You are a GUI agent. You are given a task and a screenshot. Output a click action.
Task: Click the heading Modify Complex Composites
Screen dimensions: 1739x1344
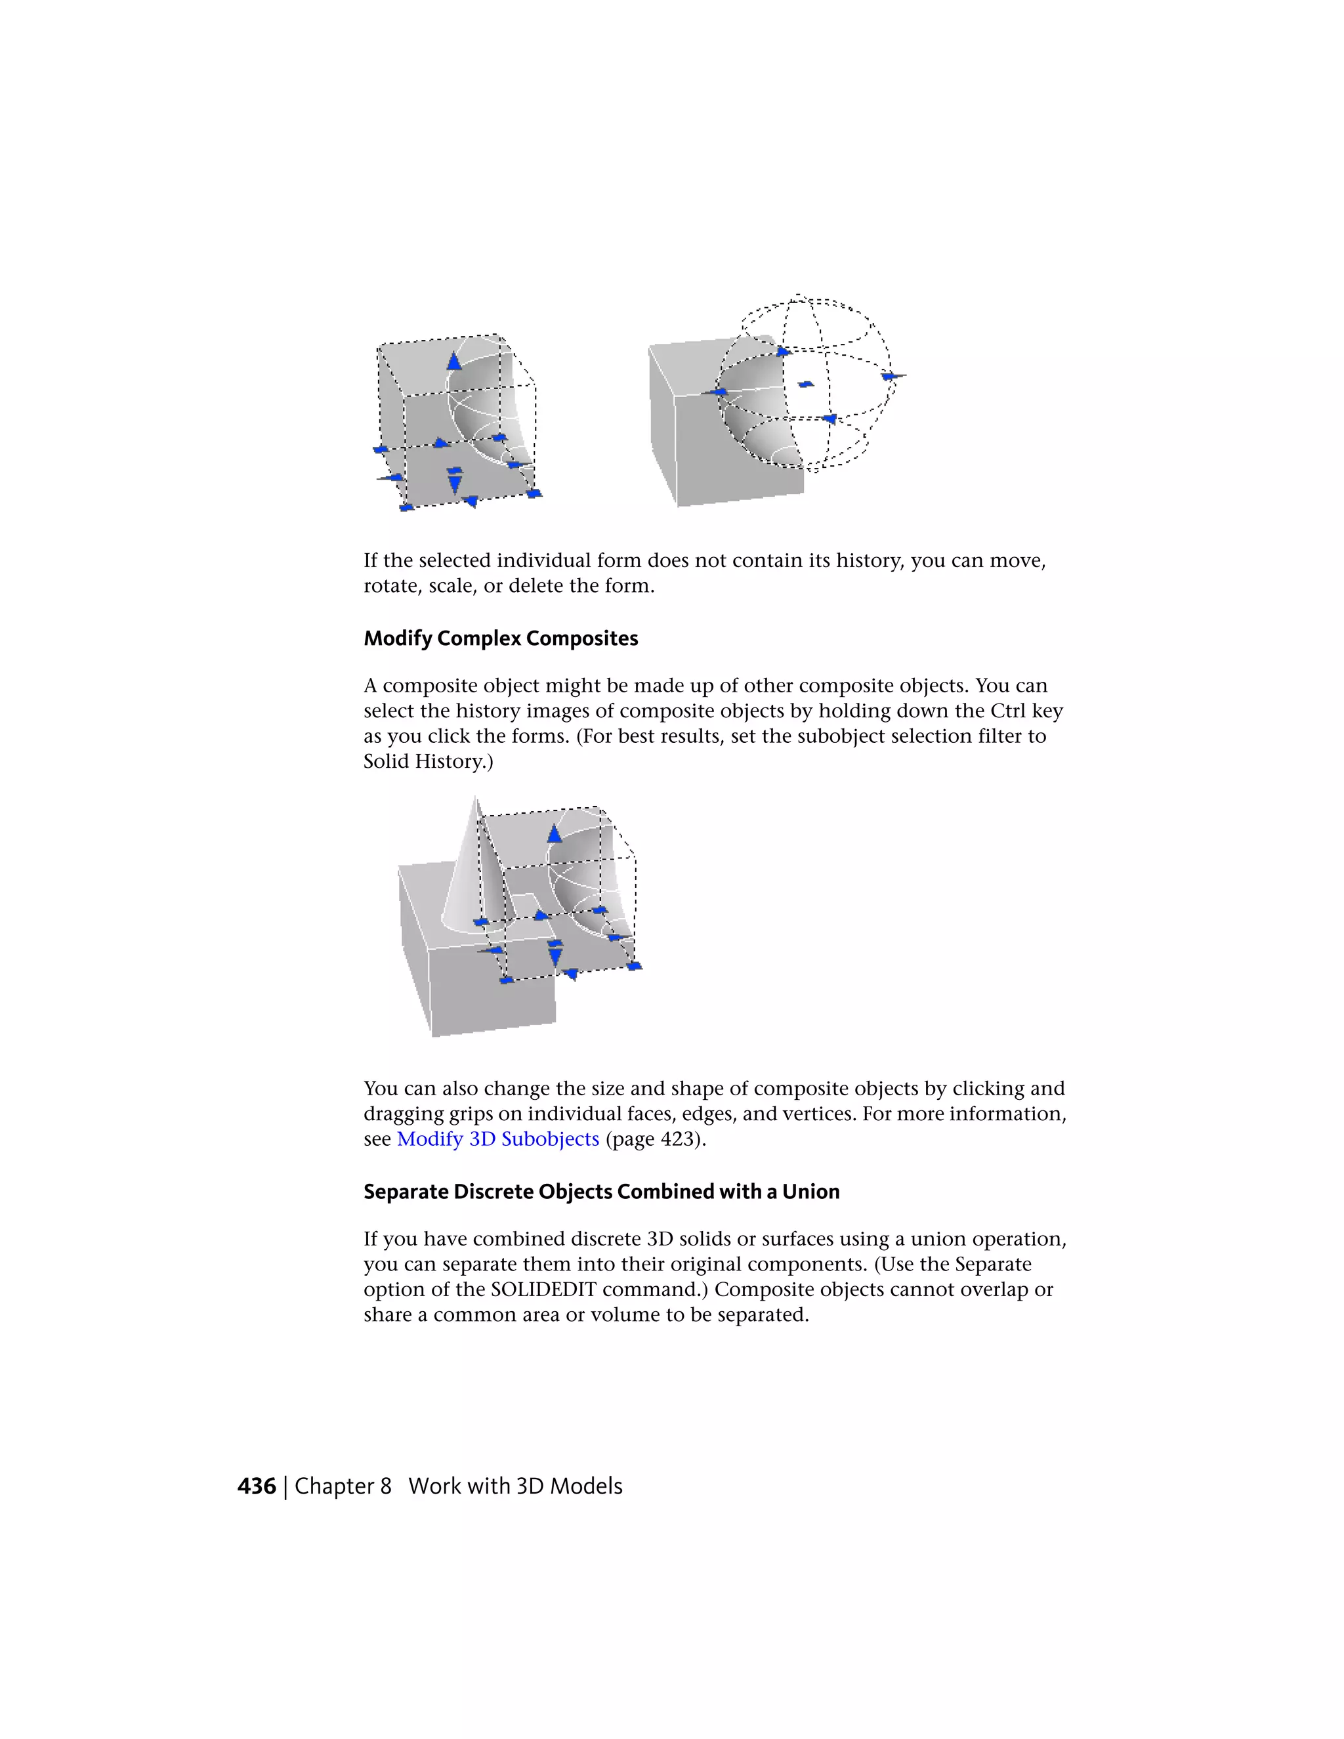[500, 639]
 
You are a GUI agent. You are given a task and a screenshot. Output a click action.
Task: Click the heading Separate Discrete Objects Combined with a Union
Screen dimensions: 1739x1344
[601, 1192]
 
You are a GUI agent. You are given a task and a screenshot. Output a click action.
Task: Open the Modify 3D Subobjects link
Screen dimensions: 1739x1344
[497, 1139]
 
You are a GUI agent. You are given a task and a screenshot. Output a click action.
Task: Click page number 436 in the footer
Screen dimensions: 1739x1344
[257, 1486]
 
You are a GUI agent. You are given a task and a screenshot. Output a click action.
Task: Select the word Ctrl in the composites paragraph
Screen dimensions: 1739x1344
[1007, 711]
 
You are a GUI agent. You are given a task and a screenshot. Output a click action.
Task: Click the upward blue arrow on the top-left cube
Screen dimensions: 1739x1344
[454, 362]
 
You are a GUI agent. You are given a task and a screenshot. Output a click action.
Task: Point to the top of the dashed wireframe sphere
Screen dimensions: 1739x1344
[799, 298]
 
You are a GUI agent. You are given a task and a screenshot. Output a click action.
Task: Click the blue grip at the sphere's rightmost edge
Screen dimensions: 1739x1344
[890, 377]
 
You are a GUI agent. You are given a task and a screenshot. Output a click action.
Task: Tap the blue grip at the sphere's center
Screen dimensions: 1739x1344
[806, 385]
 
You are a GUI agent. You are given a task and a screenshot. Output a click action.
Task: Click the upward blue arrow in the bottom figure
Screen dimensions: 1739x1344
[554, 833]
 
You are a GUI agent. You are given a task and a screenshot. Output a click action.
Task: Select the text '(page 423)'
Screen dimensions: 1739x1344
[656, 1139]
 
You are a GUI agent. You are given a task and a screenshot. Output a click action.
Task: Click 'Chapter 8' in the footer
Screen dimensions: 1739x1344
[343, 1486]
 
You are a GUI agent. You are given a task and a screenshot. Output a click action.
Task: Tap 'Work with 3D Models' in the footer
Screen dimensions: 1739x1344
[515, 1486]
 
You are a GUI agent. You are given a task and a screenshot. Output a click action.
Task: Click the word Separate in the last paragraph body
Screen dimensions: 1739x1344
[993, 1265]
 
